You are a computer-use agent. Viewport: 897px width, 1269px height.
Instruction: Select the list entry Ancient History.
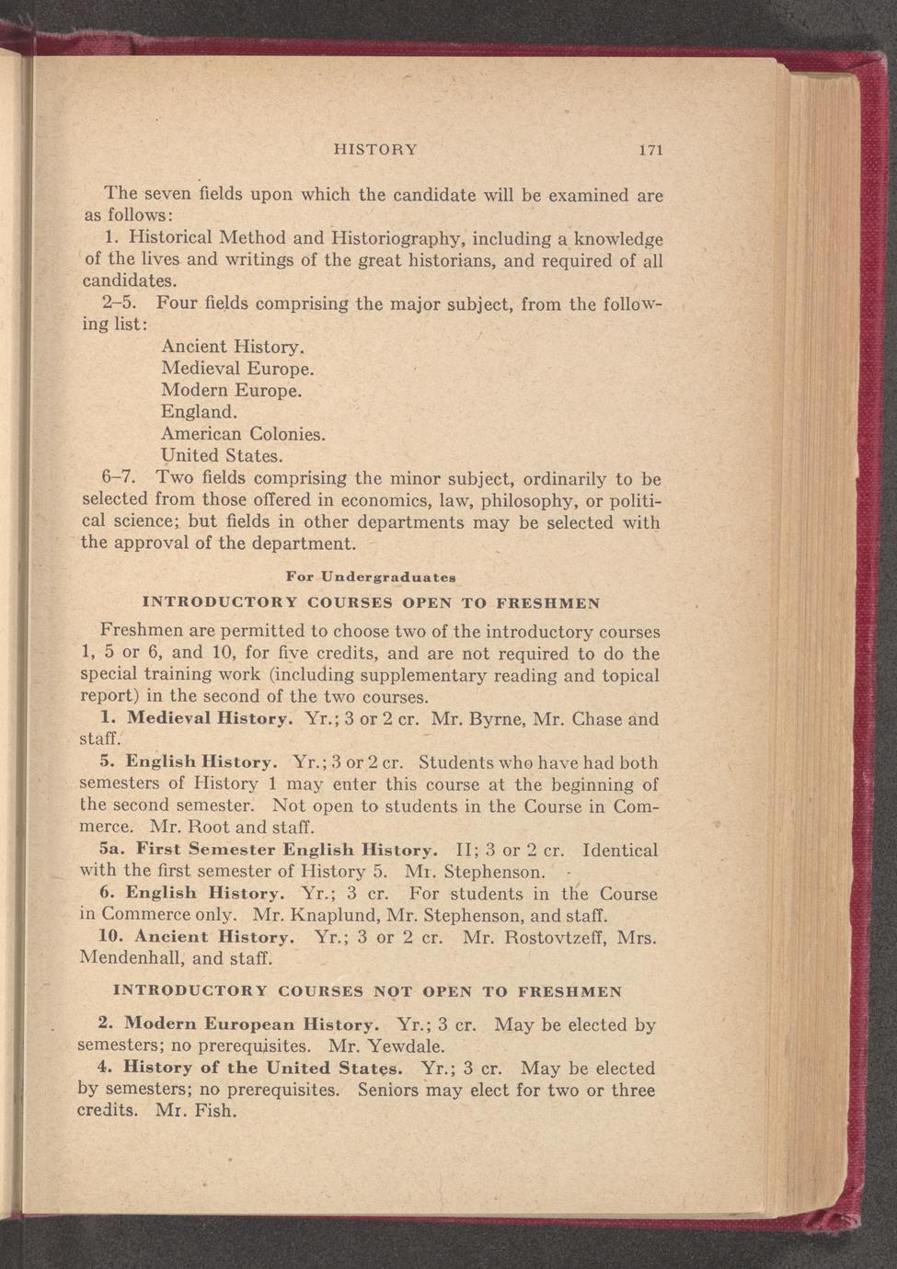tap(232, 348)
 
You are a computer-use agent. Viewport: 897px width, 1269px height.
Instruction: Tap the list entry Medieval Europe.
tap(237, 369)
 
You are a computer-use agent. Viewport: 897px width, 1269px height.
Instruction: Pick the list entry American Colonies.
tap(243, 433)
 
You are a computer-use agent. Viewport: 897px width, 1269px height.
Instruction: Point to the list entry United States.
tap(222, 455)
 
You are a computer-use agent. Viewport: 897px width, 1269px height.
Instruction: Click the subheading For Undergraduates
tap(371, 577)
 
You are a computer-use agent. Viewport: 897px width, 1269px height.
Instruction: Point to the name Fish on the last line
tap(216, 1111)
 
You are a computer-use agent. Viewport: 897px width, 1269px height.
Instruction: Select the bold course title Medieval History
tap(198, 719)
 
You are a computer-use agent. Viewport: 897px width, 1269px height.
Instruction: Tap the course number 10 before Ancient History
tap(110, 938)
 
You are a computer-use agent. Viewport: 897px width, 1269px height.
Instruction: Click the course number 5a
tap(110, 851)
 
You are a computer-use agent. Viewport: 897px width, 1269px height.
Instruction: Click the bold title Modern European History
tap(250, 1025)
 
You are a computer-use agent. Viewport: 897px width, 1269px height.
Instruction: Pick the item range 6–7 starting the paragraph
tap(119, 479)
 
